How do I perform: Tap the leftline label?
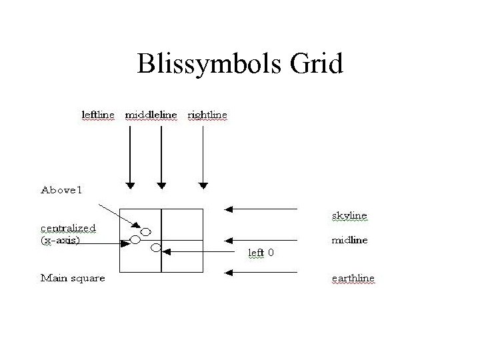(x=97, y=115)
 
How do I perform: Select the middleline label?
(x=152, y=115)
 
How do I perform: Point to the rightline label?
(x=207, y=115)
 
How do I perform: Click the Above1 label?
(x=61, y=191)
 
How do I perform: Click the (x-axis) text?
(x=61, y=240)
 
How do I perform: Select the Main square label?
(x=73, y=277)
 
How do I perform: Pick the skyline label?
(x=349, y=215)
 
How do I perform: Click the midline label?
(x=349, y=240)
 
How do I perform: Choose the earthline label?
(x=353, y=277)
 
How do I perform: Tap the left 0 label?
(x=261, y=253)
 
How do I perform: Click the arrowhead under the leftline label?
(x=131, y=185)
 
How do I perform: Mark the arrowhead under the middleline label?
(x=161, y=185)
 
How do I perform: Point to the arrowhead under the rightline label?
(x=204, y=185)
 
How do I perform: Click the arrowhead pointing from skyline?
(x=229, y=209)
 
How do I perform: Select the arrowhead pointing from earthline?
(x=229, y=272)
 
